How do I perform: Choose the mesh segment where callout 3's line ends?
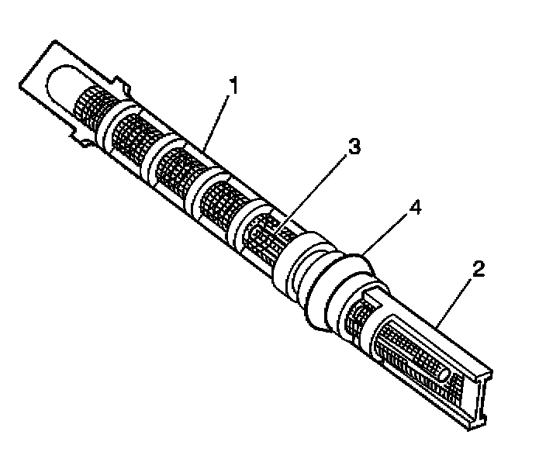pyautogui.click(x=264, y=233)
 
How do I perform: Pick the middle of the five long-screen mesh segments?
pyautogui.click(x=175, y=169)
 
